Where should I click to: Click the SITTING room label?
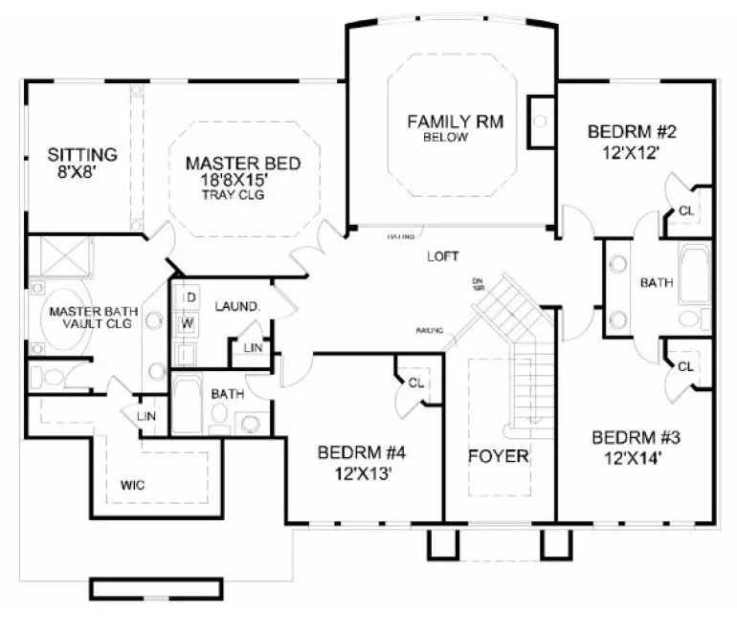click(83, 153)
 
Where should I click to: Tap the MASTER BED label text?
click(243, 163)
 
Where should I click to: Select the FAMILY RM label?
click(455, 121)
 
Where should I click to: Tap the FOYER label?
click(499, 455)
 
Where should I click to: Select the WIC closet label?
click(133, 485)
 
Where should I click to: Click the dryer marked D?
click(190, 297)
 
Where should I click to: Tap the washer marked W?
click(190, 323)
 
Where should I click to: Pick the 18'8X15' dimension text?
click(243, 179)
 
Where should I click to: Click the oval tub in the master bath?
click(67, 316)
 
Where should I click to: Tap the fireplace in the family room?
click(541, 121)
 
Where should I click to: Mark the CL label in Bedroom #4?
click(414, 383)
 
